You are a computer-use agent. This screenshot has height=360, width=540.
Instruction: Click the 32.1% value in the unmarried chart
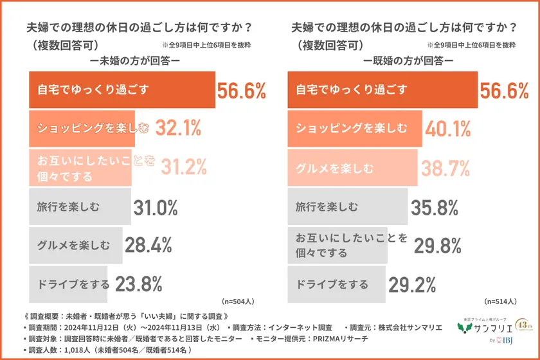(x=176, y=129)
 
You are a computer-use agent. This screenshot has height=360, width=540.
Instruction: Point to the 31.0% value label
(x=155, y=208)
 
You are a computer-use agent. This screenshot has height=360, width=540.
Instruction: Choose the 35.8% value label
(x=434, y=208)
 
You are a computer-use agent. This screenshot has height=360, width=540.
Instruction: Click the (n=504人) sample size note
(x=238, y=301)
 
